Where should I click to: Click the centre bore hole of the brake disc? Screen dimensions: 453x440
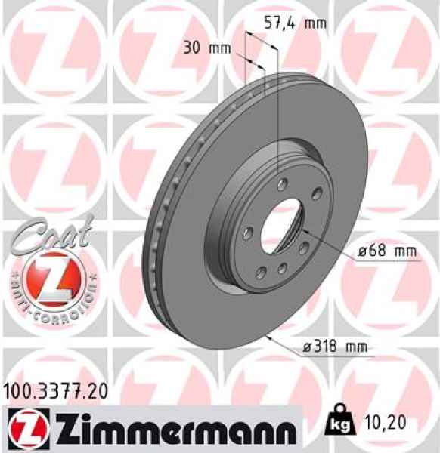click(279, 226)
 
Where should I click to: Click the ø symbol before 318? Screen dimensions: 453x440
click(307, 347)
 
